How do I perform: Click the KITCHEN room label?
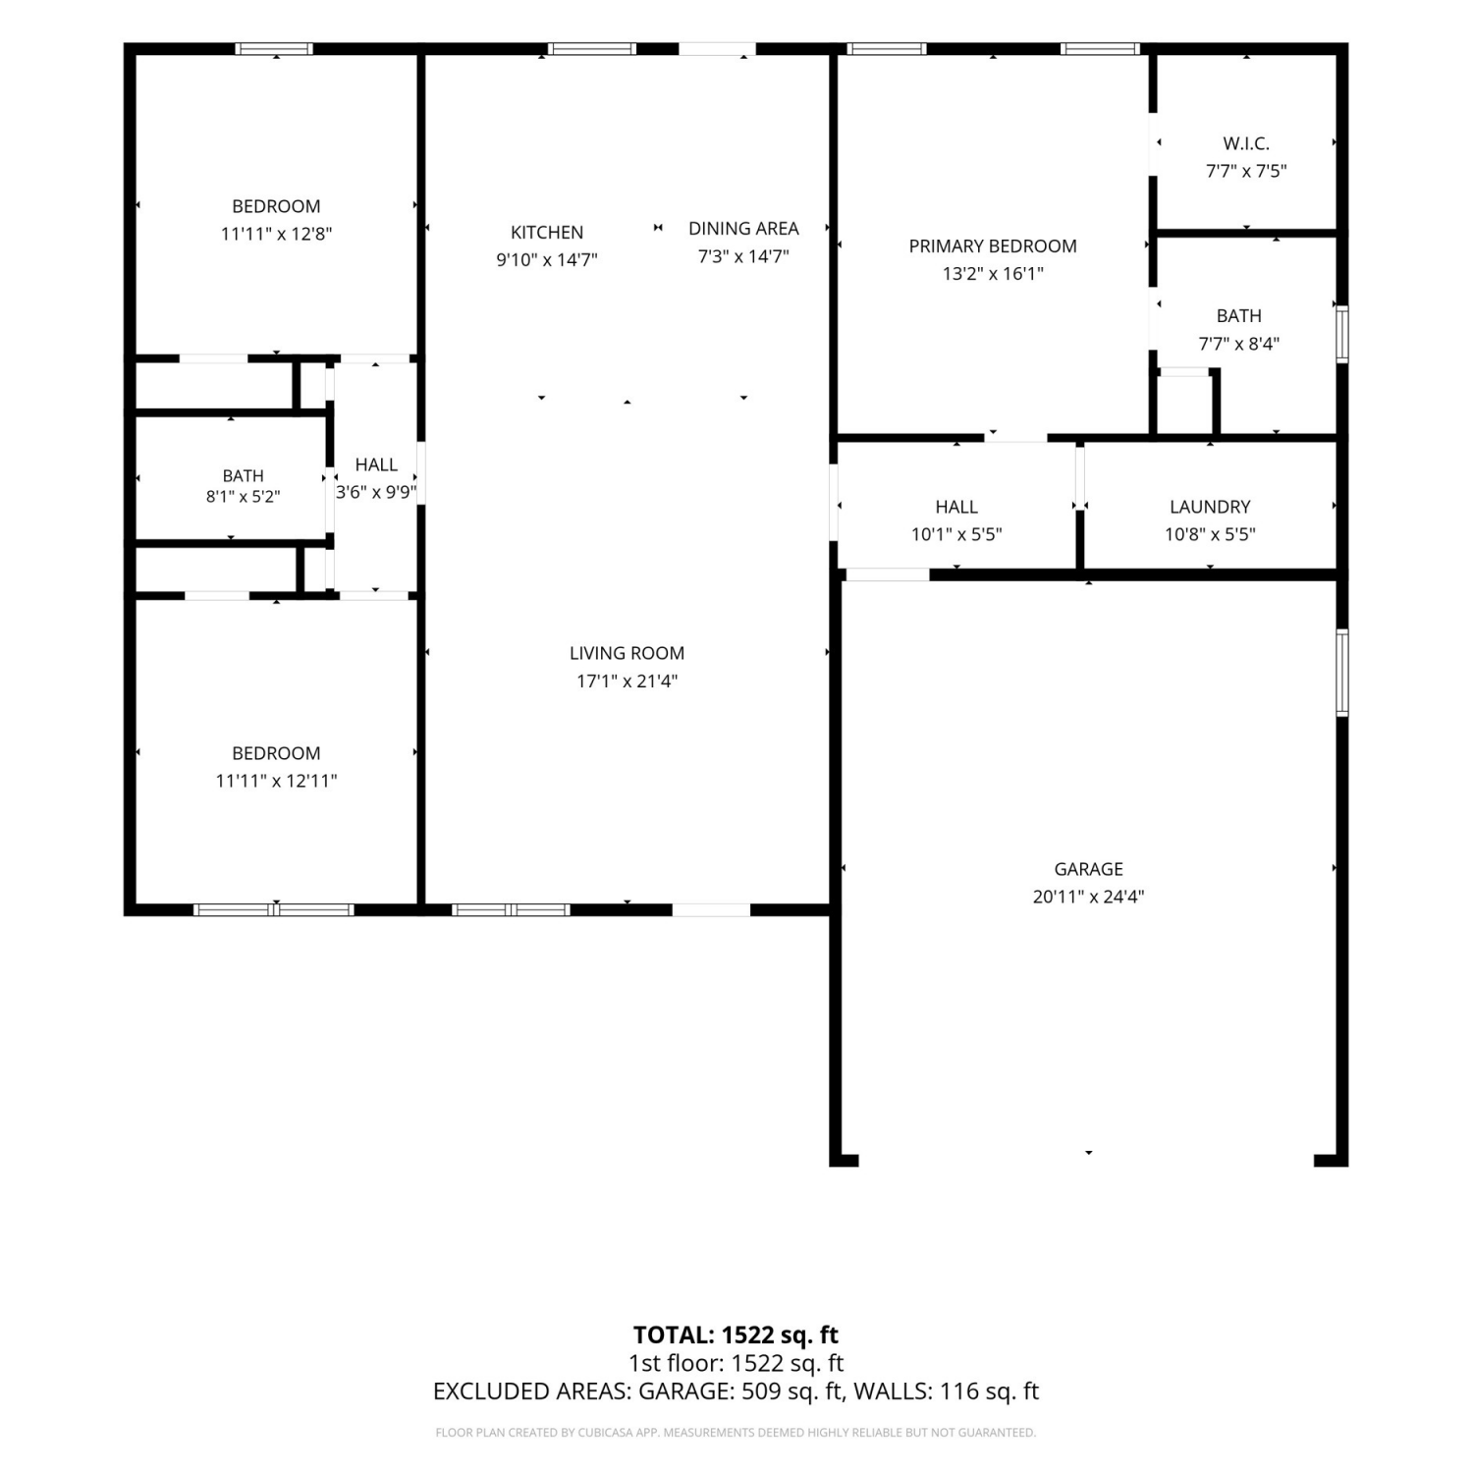pos(547,233)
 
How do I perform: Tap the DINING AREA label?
pos(743,229)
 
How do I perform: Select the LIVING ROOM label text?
pos(627,653)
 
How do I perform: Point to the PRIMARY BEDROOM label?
pos(993,246)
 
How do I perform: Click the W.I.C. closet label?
pos(1246,143)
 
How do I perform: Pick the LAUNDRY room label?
pos(1210,507)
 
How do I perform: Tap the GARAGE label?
pos(1088,869)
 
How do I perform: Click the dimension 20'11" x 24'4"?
pos(1088,897)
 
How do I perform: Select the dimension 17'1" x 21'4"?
pos(627,681)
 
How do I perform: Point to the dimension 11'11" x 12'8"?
pos(276,234)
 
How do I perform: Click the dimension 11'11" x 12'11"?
pos(276,781)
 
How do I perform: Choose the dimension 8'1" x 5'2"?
pos(243,497)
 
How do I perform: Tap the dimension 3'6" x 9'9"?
pos(376,492)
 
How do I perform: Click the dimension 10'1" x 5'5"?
pos(956,534)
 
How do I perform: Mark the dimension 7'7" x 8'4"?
pos(1238,344)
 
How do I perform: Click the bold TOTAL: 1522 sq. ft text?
pos(736,1335)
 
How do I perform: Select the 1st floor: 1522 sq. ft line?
pos(736,1363)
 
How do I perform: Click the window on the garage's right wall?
pos(1342,673)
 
